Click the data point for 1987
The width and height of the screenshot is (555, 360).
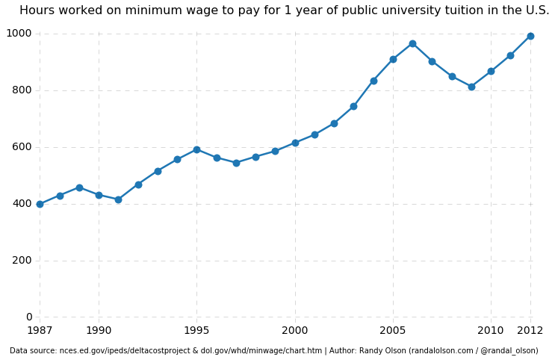click(x=40, y=204)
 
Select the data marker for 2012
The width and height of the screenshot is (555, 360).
click(x=530, y=36)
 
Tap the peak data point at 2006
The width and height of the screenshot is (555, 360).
click(x=412, y=43)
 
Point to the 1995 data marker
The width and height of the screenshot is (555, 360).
click(x=196, y=149)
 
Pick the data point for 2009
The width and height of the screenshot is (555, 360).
click(x=471, y=87)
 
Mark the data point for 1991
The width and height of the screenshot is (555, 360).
click(x=118, y=199)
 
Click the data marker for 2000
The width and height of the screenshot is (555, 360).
click(x=295, y=143)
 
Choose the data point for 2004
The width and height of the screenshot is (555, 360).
click(x=373, y=81)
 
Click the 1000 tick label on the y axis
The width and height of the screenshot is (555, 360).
click(x=19, y=34)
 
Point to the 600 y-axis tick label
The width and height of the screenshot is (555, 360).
click(x=22, y=147)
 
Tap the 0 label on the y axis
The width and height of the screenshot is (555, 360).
click(x=28, y=317)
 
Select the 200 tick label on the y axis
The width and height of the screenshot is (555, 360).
click(x=22, y=261)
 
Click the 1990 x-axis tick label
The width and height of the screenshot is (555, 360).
click(x=99, y=330)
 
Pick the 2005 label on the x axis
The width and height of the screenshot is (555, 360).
click(x=393, y=330)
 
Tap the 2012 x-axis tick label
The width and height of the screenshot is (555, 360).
click(x=530, y=330)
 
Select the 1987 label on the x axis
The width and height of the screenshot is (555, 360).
click(x=40, y=330)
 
